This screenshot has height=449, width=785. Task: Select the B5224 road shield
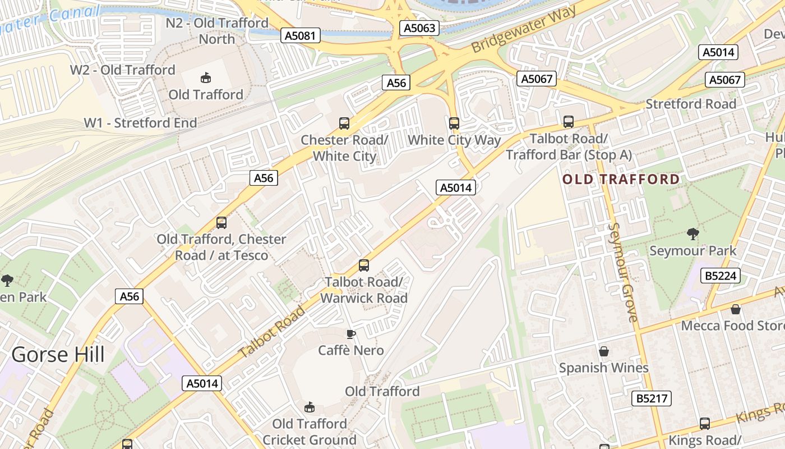tap(722, 276)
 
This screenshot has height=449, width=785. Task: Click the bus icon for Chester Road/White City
tap(344, 123)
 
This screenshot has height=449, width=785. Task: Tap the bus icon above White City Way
tap(454, 123)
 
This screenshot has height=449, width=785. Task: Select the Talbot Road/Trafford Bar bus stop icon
tap(569, 121)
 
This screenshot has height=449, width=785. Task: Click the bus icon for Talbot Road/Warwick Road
tap(364, 265)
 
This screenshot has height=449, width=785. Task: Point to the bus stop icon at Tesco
tap(221, 223)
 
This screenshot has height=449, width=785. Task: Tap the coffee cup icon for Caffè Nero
tap(351, 335)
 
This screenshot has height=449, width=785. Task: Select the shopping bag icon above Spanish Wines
tap(604, 351)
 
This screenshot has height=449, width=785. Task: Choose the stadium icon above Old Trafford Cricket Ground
tap(309, 407)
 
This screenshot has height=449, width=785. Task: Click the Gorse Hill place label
tap(58, 355)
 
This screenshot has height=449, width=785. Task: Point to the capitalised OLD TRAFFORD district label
tap(621, 179)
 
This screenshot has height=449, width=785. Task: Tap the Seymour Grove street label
tap(624, 272)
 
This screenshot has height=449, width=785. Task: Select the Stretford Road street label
tap(691, 104)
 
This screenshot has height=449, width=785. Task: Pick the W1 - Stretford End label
tap(140, 123)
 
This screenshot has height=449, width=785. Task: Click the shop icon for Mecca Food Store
tap(736, 309)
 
